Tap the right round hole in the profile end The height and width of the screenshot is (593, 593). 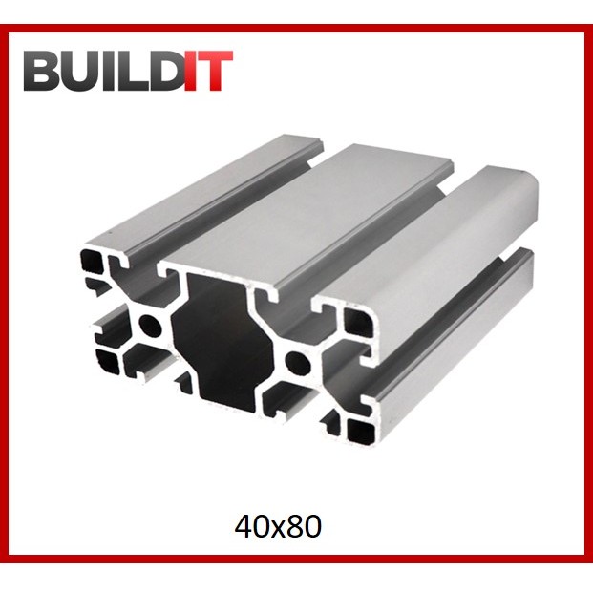297,363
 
